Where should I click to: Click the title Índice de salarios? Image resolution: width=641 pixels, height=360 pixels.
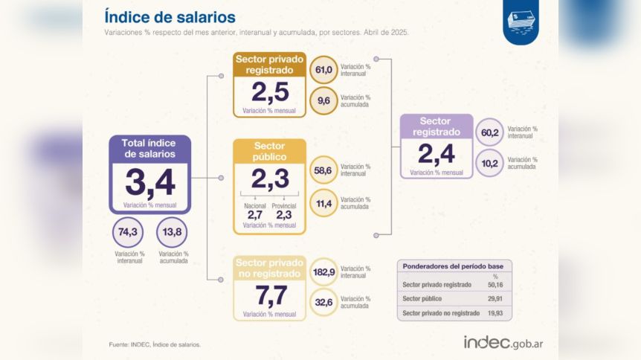170,17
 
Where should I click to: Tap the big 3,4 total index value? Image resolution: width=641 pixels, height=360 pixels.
150,183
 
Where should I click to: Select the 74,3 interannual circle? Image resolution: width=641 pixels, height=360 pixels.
127,232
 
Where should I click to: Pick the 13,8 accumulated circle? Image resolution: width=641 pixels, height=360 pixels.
172,232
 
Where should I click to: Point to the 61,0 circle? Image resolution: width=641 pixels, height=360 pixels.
323,70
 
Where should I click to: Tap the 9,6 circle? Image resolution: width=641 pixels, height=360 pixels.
323,100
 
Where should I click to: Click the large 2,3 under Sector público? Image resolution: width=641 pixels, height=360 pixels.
268,179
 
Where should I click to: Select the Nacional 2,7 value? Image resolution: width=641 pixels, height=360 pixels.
254,214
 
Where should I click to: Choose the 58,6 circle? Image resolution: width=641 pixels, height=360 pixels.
323,170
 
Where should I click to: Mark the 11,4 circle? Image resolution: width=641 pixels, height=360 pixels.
323,202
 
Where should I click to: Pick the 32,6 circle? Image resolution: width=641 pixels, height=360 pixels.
323,303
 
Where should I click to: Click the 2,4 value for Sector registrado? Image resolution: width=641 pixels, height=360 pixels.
436,153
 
